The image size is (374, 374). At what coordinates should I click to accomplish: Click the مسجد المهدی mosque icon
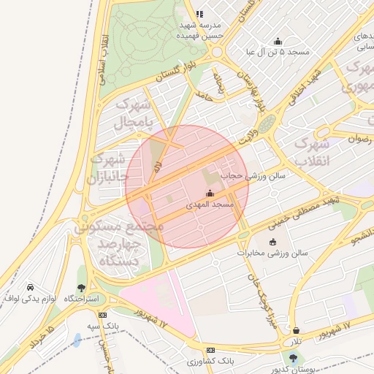[210, 194]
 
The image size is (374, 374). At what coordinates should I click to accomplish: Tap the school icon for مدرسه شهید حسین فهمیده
[199, 14]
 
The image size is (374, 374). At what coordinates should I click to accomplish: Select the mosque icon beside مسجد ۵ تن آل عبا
[278, 41]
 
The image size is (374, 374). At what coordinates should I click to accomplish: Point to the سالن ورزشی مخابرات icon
[273, 242]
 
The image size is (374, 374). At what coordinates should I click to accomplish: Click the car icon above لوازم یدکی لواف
[30, 287]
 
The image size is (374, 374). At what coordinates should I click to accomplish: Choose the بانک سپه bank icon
[102, 314]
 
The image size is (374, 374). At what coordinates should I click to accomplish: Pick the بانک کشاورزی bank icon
[211, 351]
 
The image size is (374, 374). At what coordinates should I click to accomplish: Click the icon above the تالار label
[296, 331]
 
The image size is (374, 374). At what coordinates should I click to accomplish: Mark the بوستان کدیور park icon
[294, 358]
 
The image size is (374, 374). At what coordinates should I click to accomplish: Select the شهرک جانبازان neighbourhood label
[107, 169]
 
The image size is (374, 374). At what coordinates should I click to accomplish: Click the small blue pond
[77, 340]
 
